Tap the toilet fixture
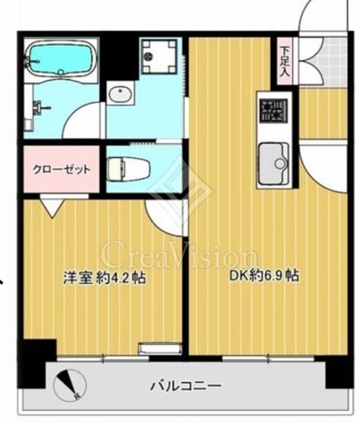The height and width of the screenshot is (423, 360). click(x=128, y=169)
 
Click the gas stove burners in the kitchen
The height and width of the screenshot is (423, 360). click(x=273, y=111)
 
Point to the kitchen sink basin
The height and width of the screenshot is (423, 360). click(x=274, y=164)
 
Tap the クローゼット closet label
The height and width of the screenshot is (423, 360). click(x=61, y=170)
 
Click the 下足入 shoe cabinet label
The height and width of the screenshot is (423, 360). click(x=284, y=61)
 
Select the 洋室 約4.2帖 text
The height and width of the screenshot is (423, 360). click(x=105, y=277)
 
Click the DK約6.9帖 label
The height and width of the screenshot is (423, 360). click(x=264, y=276)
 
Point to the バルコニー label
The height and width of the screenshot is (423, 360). click(x=186, y=385)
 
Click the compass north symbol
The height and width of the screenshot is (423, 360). click(x=70, y=385)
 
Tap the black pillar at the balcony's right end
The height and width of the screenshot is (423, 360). click(x=339, y=372)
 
